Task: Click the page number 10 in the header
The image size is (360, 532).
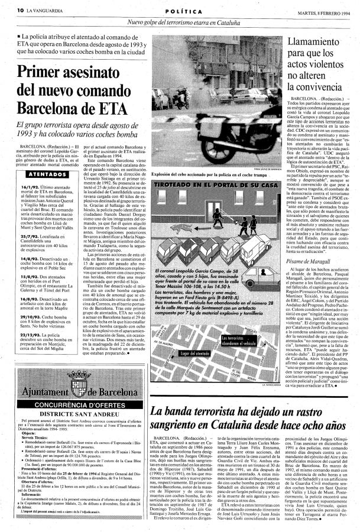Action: [20, 10]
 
